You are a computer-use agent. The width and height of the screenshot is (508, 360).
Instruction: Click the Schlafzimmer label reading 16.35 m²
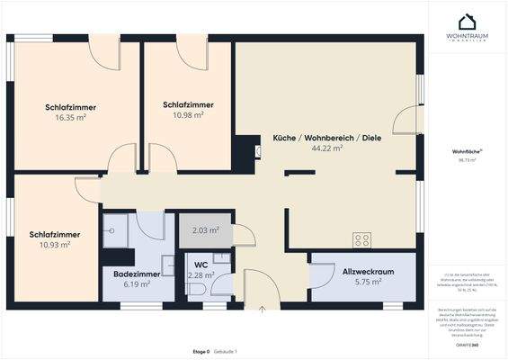click(x=70, y=107)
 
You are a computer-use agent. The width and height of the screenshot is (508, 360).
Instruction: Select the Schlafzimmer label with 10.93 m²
click(x=55, y=234)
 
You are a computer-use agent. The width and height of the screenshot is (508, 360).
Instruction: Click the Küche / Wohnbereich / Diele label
click(x=326, y=138)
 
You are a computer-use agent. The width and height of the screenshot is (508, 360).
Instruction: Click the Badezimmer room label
click(x=137, y=273)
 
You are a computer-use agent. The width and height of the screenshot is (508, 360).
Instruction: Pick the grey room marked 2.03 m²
click(x=206, y=230)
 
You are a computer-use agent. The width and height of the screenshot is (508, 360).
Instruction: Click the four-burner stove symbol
click(x=361, y=239)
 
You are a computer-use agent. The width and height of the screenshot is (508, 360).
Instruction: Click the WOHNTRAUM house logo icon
click(x=467, y=22)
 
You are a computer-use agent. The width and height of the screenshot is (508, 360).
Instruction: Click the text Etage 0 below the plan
click(x=201, y=350)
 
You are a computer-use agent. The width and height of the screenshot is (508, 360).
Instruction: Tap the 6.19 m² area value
click(x=137, y=283)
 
